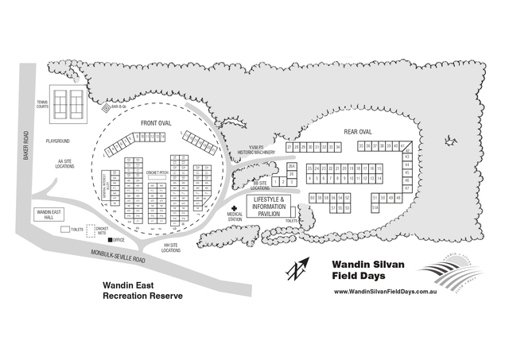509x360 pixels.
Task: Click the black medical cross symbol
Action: [x=234, y=206]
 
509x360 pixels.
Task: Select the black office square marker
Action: [x=110, y=238]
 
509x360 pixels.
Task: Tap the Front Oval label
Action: [x=156, y=124]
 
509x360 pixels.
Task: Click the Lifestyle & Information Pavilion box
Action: [x=269, y=206]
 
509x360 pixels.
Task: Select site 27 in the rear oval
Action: [x=289, y=147]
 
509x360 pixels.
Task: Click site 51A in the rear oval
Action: [x=375, y=207]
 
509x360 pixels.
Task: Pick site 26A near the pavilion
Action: [x=292, y=165]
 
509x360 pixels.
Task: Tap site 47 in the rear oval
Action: [x=407, y=188]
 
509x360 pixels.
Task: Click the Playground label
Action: [x=58, y=141]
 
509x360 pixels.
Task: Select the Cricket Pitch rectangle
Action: [x=156, y=179]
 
